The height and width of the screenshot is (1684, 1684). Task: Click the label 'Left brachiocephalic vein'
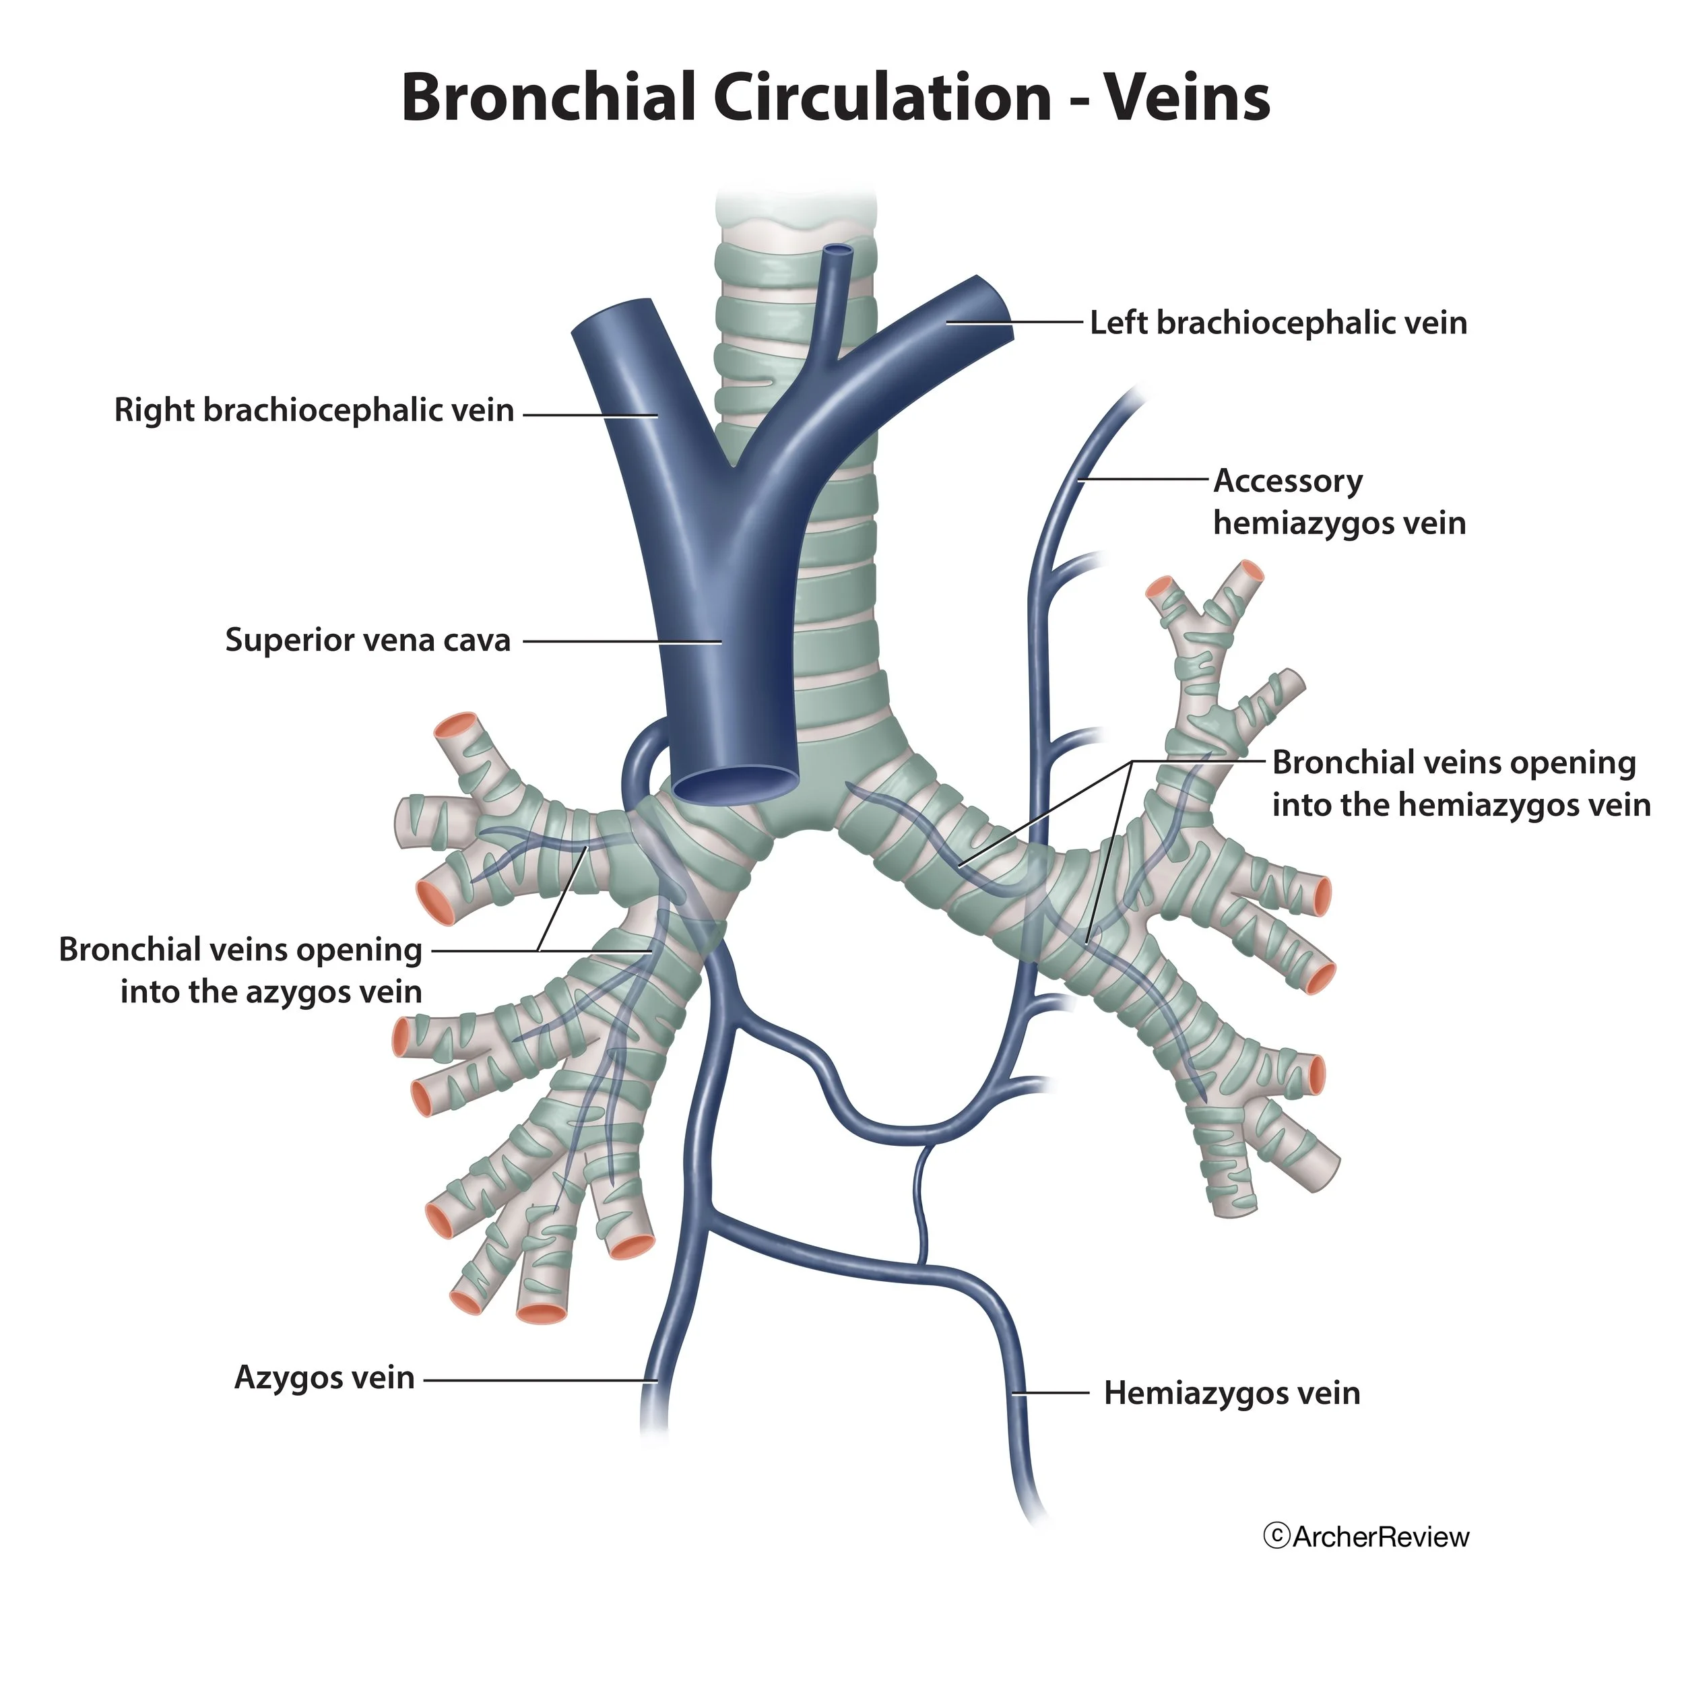click(1278, 323)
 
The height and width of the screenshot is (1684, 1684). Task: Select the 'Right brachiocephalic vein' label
click(314, 410)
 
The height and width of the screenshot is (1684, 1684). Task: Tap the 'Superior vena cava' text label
click(367, 641)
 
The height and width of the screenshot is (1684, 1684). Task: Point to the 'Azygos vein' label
click(324, 1378)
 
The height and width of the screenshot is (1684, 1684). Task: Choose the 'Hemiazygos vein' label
click(1231, 1393)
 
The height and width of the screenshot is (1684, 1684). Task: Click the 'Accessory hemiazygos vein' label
click(1339, 502)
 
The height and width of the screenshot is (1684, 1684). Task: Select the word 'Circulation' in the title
click(882, 98)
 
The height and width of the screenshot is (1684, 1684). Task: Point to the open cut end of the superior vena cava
click(736, 785)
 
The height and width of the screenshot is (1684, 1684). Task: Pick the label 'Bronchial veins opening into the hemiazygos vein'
click(1461, 783)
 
